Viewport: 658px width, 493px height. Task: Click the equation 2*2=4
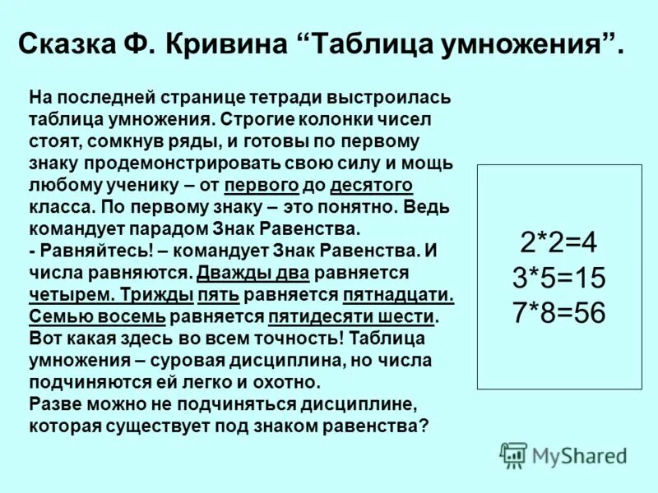click(x=558, y=242)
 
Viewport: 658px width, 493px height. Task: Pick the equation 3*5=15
click(x=558, y=278)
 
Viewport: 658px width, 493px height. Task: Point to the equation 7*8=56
click(x=558, y=313)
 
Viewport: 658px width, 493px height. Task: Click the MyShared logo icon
click(x=514, y=455)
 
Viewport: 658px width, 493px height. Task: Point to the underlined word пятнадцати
click(x=399, y=294)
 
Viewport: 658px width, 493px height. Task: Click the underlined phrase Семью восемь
click(x=97, y=316)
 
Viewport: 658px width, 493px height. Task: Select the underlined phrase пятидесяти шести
click(x=351, y=316)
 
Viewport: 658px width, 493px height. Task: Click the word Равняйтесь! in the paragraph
click(x=85, y=250)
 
